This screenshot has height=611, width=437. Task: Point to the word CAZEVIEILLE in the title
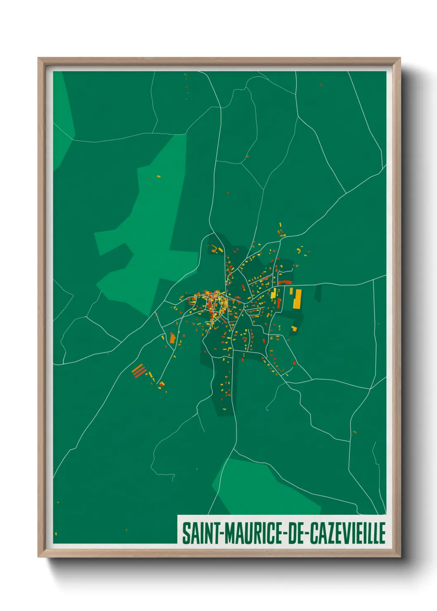(347, 533)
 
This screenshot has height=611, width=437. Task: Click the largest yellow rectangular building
(297, 299)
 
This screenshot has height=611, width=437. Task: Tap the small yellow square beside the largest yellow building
(291, 291)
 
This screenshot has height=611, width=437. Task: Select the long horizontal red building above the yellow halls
(285, 282)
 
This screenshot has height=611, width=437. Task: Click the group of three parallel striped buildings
(139, 370)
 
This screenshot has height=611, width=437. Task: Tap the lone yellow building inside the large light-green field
(159, 177)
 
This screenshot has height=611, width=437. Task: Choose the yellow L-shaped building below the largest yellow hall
(294, 329)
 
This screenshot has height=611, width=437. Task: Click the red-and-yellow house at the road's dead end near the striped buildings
(161, 385)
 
